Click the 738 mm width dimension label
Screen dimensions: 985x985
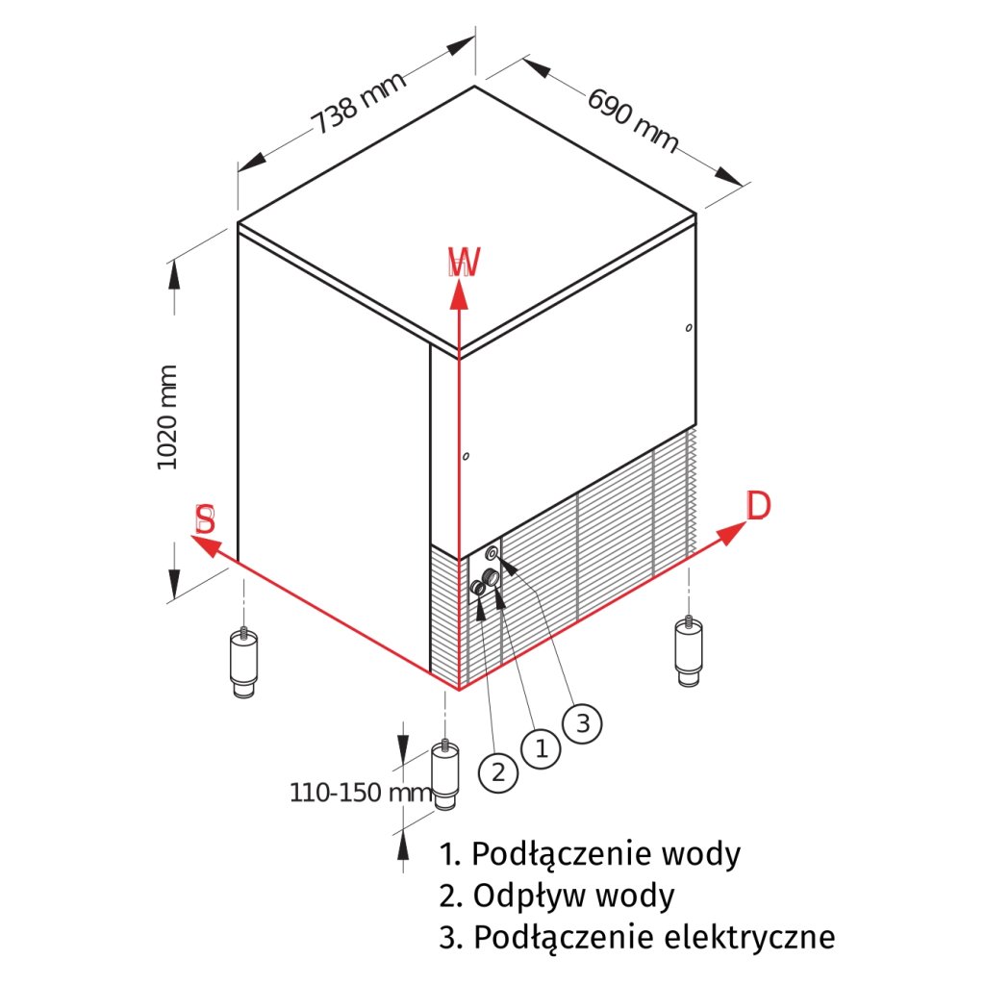358,102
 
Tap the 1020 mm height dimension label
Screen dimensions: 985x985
168,417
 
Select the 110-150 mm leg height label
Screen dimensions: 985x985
362,793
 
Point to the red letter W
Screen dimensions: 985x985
464,263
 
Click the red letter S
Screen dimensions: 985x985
205,520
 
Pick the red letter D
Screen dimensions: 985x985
759,506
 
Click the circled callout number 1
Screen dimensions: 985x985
541,747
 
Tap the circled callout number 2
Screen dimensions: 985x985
498,770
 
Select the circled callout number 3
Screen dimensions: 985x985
583,721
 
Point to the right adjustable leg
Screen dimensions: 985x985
687,651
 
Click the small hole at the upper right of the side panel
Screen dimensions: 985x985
689,329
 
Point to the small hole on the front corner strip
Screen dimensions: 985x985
465,457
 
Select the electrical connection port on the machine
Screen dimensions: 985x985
492,553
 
